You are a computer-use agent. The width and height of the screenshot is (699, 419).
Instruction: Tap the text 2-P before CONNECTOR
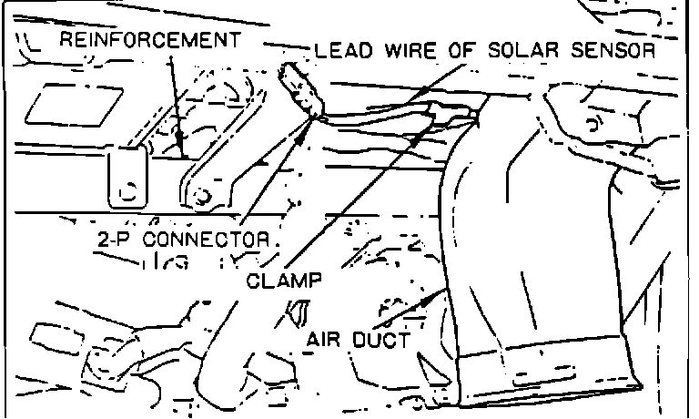[x=115, y=241]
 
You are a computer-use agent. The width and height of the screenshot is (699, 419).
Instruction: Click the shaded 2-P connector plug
[x=301, y=86]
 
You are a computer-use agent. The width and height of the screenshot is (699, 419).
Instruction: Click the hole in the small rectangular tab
[x=127, y=192]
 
